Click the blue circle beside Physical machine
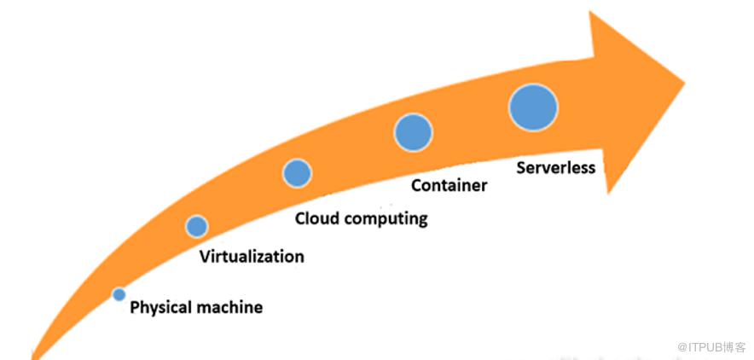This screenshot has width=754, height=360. click(119, 294)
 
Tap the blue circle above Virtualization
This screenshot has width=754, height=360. click(197, 226)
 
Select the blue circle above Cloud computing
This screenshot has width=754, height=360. click(297, 173)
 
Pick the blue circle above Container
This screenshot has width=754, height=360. click(413, 132)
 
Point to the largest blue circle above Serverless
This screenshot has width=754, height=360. click(533, 107)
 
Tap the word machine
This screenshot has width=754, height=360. click(230, 307)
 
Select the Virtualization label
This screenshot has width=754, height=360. click(252, 256)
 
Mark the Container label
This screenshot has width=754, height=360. click(449, 185)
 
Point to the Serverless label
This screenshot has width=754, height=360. click(556, 167)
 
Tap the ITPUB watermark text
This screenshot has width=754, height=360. click(707, 347)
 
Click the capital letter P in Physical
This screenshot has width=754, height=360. click(135, 307)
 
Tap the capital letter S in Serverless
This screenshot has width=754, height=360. click(522, 167)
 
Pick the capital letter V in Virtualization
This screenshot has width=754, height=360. click(205, 256)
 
